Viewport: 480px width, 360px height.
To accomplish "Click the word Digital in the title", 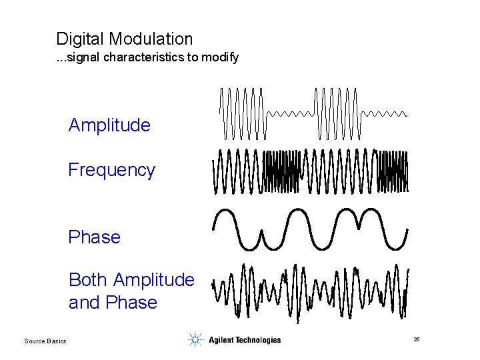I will (76, 39).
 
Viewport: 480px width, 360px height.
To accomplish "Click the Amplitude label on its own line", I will (109, 125).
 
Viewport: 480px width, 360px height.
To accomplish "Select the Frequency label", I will (111, 170).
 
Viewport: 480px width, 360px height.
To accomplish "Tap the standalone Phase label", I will (94, 237).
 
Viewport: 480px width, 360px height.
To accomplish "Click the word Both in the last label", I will (89, 279).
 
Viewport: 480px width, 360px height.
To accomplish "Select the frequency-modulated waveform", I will (311, 171).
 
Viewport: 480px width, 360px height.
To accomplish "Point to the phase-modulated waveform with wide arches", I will (311, 228).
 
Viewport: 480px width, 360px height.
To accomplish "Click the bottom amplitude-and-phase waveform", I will (311, 291).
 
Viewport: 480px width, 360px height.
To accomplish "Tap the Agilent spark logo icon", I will (195, 340).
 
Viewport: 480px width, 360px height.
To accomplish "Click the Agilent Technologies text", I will (244, 340).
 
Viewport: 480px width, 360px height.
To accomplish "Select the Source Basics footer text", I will (45, 341).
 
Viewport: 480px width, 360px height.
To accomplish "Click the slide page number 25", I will (417, 340).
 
